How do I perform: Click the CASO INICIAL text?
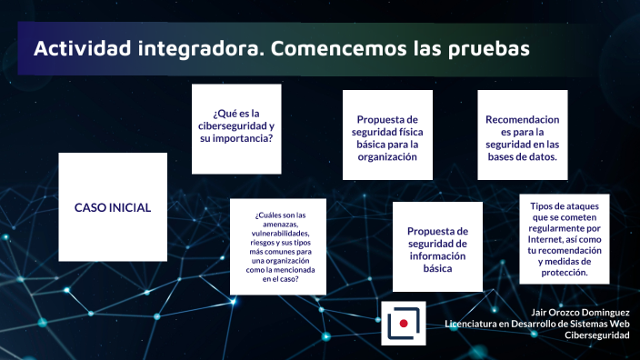(113, 207)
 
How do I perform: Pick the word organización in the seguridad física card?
(386, 156)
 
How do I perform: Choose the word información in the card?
(437, 256)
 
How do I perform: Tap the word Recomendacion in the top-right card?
(522, 119)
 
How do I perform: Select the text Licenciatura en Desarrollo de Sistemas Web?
(536, 324)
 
